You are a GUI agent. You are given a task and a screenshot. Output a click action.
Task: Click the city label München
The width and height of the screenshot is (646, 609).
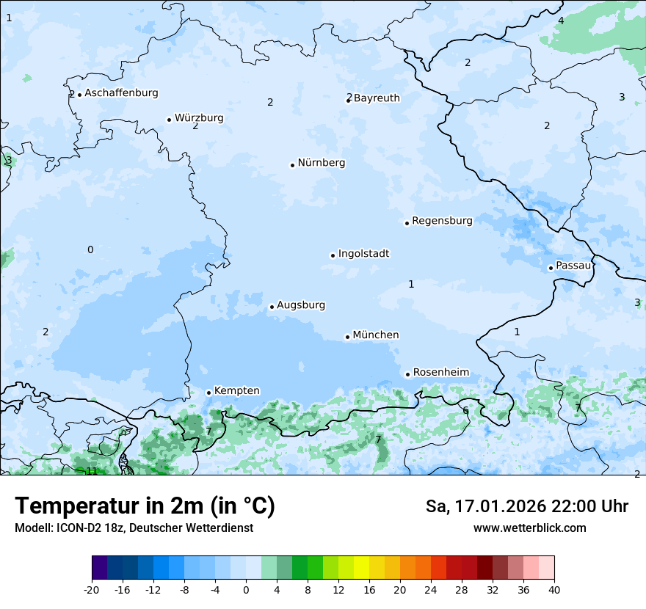[x=376, y=335]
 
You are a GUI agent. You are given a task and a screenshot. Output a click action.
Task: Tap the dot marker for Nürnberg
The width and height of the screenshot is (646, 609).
[x=292, y=165]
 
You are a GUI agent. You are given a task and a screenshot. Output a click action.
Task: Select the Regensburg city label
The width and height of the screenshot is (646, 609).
[x=442, y=221]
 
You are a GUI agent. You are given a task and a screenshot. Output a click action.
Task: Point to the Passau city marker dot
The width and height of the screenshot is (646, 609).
[x=551, y=268]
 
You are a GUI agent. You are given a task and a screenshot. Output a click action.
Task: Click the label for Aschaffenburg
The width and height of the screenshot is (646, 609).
[x=121, y=93]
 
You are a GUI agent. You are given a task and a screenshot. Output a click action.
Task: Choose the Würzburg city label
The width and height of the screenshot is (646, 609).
[x=199, y=118]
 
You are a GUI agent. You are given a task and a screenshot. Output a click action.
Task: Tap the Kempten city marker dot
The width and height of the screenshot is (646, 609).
[x=208, y=393]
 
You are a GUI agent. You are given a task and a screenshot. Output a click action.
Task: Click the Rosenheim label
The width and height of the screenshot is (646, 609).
[x=440, y=373]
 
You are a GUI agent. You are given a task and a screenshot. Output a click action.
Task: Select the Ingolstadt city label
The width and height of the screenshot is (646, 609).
[x=363, y=254]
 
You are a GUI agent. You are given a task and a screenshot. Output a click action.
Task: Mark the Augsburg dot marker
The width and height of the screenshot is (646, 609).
[x=272, y=307]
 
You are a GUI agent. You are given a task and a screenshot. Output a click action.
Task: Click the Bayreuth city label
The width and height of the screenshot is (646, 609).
[x=377, y=98]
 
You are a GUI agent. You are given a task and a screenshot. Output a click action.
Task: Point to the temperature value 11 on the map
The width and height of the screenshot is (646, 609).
[x=92, y=471]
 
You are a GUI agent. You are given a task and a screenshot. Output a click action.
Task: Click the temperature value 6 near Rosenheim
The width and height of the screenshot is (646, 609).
[x=465, y=410]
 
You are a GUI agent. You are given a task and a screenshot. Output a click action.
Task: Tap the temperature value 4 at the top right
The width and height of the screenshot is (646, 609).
[x=561, y=21]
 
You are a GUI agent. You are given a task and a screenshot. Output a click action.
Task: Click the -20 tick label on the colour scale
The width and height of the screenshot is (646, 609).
[x=92, y=589]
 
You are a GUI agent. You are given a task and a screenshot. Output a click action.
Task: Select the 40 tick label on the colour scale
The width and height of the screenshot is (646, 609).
[x=554, y=589]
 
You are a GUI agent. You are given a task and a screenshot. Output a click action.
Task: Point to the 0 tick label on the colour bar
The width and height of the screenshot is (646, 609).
[x=246, y=589]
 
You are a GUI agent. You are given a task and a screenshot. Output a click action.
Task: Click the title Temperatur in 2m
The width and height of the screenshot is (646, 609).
[x=145, y=506]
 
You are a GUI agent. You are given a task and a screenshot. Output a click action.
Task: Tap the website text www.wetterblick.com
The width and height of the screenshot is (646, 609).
[x=530, y=528]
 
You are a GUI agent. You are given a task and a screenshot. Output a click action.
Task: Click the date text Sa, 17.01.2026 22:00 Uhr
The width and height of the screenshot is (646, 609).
[x=527, y=506]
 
